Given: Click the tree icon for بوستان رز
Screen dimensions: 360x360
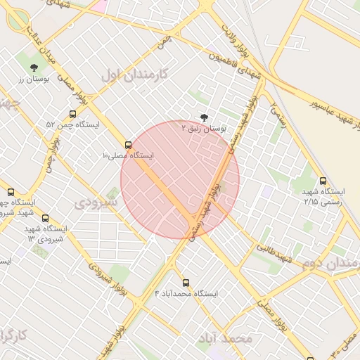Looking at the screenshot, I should click(x=34, y=67).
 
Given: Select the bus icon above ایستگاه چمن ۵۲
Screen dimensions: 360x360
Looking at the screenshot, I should click(x=72, y=114).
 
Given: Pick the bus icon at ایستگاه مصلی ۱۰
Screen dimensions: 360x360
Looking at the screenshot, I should click(x=128, y=145).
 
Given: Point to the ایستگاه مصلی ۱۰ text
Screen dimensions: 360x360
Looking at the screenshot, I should click(x=127, y=155).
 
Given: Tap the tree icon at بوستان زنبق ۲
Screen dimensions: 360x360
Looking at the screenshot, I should click(x=204, y=117).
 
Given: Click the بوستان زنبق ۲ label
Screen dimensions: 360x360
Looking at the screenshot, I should click(x=204, y=129).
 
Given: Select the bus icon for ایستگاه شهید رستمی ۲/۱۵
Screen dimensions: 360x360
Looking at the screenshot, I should click(x=323, y=181).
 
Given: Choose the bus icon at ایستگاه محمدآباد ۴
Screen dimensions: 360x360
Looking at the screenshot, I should click(x=186, y=283).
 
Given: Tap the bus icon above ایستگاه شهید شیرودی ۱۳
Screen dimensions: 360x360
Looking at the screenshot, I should click(x=46, y=218).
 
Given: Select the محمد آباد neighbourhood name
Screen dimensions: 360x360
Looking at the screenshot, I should click(x=224, y=338).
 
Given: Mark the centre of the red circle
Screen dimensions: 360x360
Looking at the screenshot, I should click(x=180, y=180).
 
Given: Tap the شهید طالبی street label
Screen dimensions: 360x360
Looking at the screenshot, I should click(x=271, y=251).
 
